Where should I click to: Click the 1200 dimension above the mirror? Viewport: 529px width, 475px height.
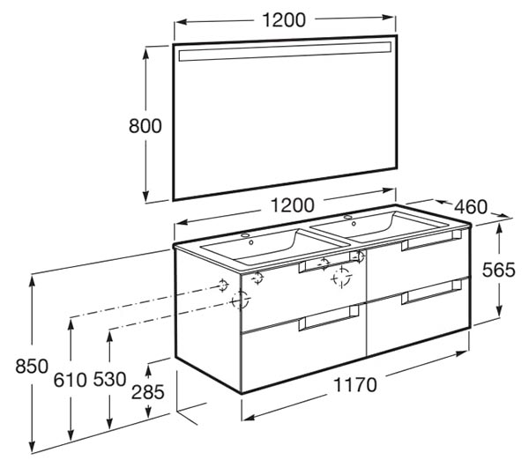coord(284,20)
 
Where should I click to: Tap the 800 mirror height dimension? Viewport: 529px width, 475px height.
coord(145,126)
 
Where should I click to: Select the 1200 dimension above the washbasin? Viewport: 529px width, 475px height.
coord(293,204)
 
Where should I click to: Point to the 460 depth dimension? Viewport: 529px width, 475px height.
coord(471,206)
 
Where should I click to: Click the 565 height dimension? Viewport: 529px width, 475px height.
coord(499,270)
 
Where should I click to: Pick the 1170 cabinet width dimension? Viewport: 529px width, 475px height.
coord(355,385)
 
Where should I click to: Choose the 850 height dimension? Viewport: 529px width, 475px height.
coord(32,366)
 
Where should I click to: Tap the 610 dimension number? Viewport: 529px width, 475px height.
coord(71,381)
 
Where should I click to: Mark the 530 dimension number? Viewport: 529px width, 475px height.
coord(109,379)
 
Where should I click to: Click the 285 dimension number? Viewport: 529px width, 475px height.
coord(148,392)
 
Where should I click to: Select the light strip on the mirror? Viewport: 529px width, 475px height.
coord(285,52)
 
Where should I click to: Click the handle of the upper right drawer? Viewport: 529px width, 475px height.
coord(431,240)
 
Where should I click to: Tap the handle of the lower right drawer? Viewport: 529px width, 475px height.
coord(431,293)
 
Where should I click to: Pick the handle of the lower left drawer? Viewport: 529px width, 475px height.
coord(329,318)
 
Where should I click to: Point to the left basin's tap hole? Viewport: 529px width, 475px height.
coord(245,235)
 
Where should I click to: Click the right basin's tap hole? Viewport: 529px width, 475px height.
coord(348,217)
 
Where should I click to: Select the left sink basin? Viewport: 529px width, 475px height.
coord(273,245)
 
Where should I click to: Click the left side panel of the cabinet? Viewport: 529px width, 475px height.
coord(208,319)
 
